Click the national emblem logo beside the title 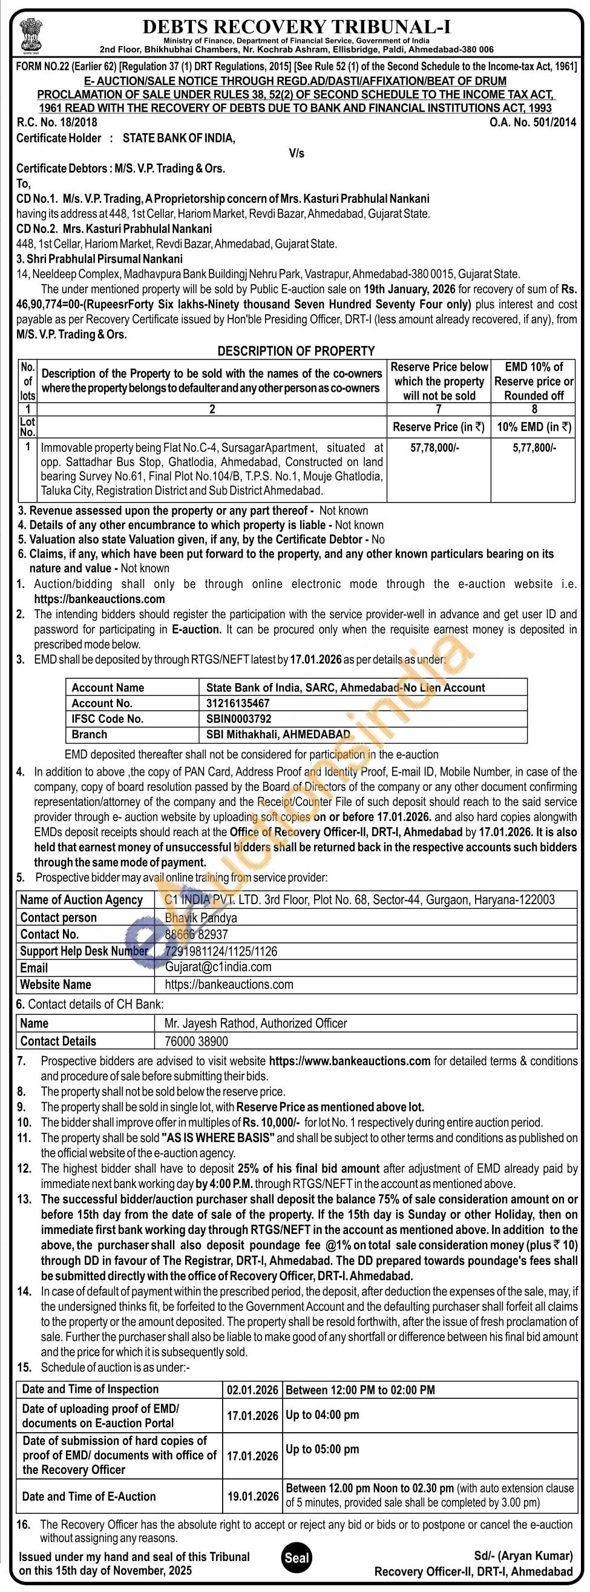[28, 31]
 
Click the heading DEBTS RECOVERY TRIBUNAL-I [297, 27]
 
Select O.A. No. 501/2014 [533, 122]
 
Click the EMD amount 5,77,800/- [534, 448]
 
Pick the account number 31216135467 [238, 703]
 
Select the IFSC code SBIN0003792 [238, 719]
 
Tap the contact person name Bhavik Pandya [201, 918]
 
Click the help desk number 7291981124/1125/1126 [221, 951]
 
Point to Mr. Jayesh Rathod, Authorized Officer [256, 1023]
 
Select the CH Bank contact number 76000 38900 [197, 1042]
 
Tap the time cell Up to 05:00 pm [322, 1449]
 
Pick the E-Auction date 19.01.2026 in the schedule [253, 1496]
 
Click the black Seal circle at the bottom [297, 1558]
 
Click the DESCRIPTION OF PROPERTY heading [296, 351]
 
